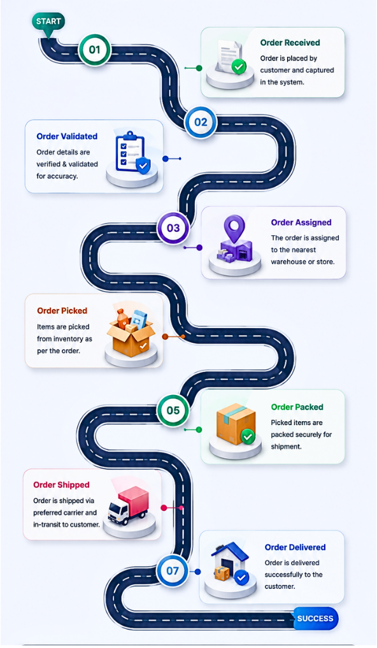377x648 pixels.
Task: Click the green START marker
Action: [x=48, y=22]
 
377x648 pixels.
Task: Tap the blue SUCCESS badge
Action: [x=316, y=618]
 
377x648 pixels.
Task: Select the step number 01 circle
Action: [x=94, y=50]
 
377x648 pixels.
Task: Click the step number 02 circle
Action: [x=201, y=122]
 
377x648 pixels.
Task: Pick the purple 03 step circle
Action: [x=173, y=227]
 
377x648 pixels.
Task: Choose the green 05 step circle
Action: [x=173, y=410]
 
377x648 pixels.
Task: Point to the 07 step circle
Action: [x=173, y=571]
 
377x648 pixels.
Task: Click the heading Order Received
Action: [x=290, y=43]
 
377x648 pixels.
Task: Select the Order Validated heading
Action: [x=67, y=136]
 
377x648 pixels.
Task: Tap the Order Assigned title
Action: [x=301, y=222]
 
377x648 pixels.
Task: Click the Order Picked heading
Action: [x=62, y=311]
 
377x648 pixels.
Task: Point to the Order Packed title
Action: [x=297, y=407]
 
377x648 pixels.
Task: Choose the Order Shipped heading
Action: [x=61, y=485]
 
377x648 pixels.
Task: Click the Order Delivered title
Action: [x=295, y=547]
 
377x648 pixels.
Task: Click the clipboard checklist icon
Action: [x=132, y=152]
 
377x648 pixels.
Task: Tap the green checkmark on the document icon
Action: [x=239, y=66]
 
